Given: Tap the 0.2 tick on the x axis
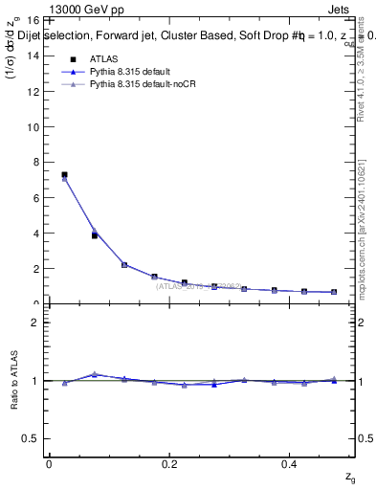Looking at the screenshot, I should pos(170,464).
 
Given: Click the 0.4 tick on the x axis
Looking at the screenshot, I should pos(291,464).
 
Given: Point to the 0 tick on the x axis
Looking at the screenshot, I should pos(49,464).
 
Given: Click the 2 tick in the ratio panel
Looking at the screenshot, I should pos(35,323).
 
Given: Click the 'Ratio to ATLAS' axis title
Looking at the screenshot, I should pos(13,381).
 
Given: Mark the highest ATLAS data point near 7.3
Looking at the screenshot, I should pos(64,175).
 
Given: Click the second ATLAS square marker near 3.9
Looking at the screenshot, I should pos(94,234).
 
